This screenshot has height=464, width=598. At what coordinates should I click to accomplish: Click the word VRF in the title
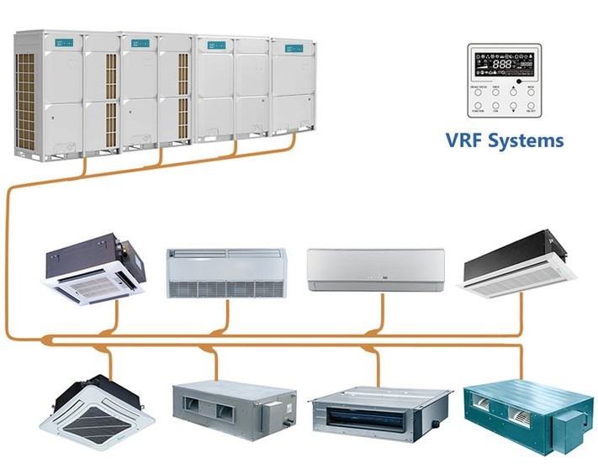(x=464, y=140)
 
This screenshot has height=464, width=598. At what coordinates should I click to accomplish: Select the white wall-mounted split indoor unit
(x=374, y=269)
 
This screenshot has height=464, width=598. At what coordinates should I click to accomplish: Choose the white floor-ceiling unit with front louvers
(x=226, y=272)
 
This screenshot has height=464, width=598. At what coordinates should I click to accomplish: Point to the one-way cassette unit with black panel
(x=522, y=267)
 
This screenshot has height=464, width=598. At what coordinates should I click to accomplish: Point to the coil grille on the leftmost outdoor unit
(x=27, y=101)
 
